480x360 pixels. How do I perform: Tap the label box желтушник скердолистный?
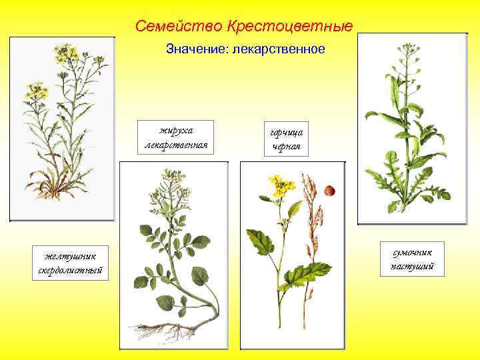[69, 262]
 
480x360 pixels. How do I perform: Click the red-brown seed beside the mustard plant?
[328, 191]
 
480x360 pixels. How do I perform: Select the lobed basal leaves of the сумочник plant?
[400, 183]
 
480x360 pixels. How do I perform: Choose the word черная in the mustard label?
[287, 146]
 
